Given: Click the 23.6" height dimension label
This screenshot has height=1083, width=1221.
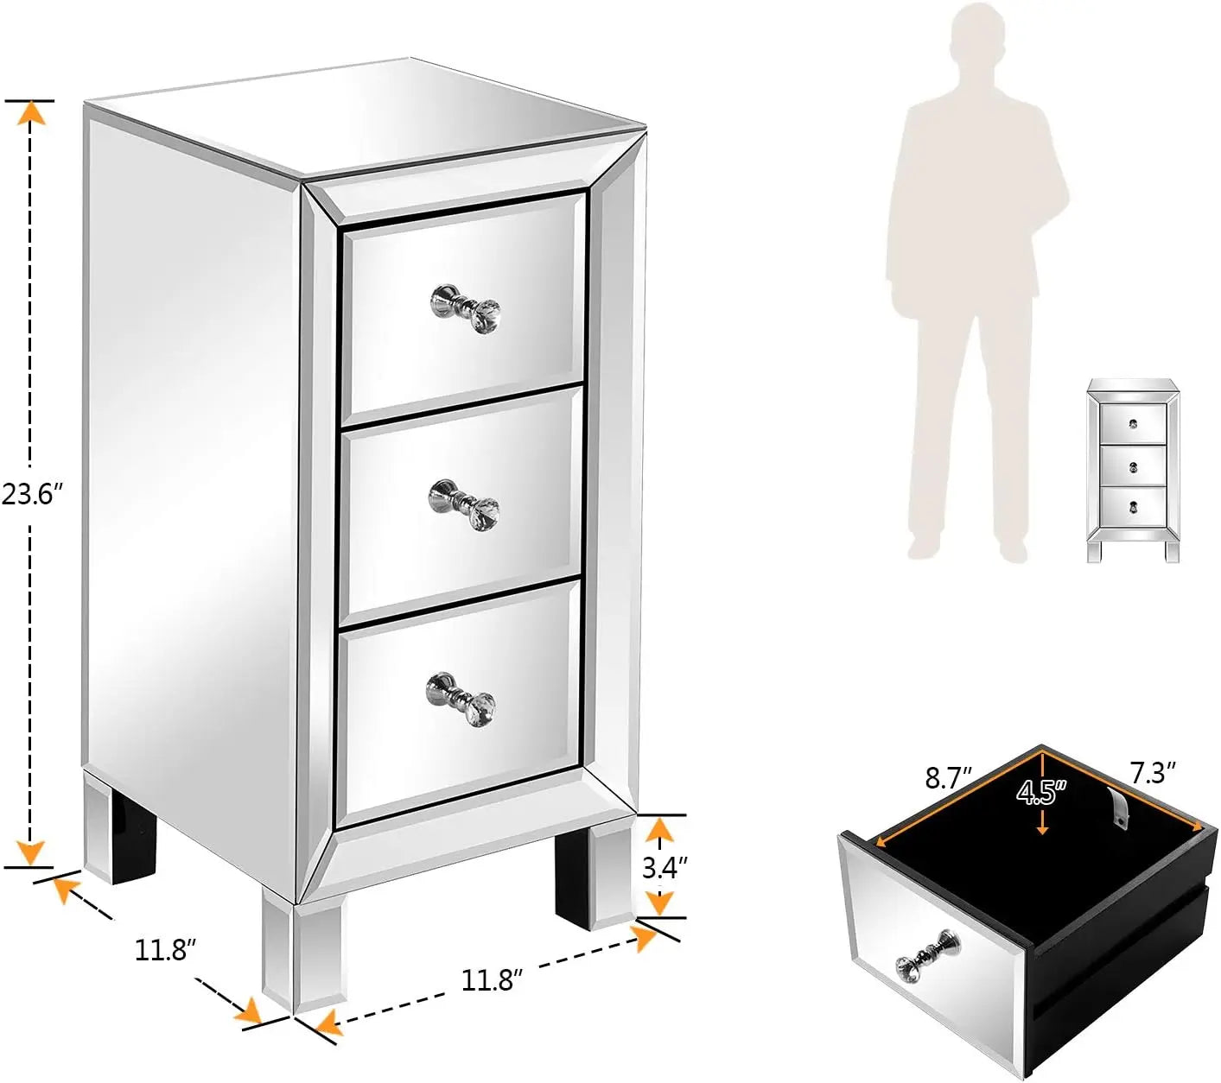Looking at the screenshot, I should pos(33,495).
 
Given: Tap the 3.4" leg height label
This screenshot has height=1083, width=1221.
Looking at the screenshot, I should pos(664,867).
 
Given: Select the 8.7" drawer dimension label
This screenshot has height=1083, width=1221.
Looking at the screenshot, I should pos(948,778).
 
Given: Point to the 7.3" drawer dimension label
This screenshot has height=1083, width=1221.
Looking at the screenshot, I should pos(1153,772).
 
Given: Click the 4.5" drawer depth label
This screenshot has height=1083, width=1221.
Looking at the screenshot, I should pos(1041,792).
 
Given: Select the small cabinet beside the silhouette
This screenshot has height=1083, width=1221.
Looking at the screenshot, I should pos(1133,470).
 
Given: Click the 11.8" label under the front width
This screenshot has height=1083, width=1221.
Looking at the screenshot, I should pos(492,980).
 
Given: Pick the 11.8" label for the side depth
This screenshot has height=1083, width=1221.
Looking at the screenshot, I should pos(165,950).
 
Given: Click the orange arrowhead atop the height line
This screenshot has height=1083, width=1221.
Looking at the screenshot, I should pos(31,113).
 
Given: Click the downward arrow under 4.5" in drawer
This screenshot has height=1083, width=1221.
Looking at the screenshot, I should pos(1043,826).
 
